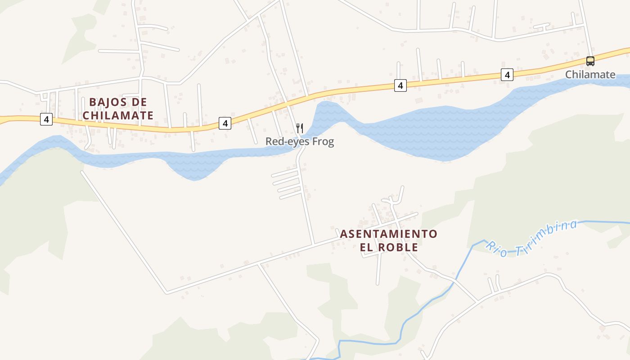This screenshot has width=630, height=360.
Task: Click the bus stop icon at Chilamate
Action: (590, 61)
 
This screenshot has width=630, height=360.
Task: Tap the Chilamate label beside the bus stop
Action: (590, 75)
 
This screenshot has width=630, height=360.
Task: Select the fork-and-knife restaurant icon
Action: (300, 128)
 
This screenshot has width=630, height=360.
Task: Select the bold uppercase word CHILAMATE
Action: (118, 116)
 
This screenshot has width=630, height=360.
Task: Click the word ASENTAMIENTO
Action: (388, 234)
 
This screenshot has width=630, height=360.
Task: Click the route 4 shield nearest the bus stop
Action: (507, 75)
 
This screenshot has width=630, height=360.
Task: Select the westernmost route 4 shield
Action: (46, 120)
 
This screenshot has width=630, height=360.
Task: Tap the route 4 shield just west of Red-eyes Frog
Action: (225, 123)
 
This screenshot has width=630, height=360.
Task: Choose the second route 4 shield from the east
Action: (400, 85)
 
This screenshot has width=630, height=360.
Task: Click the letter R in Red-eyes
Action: (269, 142)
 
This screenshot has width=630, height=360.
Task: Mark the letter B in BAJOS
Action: (93, 102)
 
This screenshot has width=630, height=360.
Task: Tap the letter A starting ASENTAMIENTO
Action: (343, 234)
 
